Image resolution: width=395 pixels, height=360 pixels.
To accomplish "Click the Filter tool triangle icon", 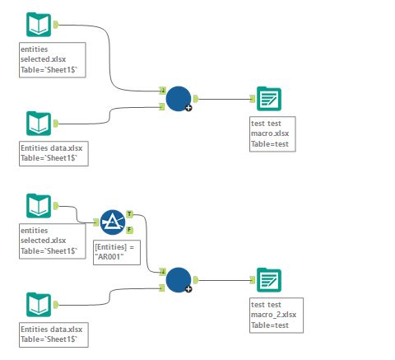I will pyautogui.click(x=112, y=222).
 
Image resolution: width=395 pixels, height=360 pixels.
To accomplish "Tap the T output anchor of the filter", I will pyautogui.click(x=129, y=214).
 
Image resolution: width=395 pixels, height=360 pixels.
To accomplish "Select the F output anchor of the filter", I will pyautogui.click(x=129, y=229).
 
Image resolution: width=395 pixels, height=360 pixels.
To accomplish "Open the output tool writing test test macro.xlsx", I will pyautogui.click(x=267, y=99).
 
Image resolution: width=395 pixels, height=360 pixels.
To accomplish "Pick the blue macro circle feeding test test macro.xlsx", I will pyautogui.click(x=178, y=99).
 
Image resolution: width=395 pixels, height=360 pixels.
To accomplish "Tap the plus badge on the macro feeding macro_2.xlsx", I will pyautogui.click(x=188, y=289).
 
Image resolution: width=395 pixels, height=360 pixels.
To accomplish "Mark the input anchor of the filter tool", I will pyautogui.click(x=96, y=222).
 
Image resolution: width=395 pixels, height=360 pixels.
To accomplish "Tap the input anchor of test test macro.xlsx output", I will pyautogui.click(x=252, y=99).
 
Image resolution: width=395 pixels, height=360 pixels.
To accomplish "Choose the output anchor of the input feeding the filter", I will pyautogui.click(x=55, y=205).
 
